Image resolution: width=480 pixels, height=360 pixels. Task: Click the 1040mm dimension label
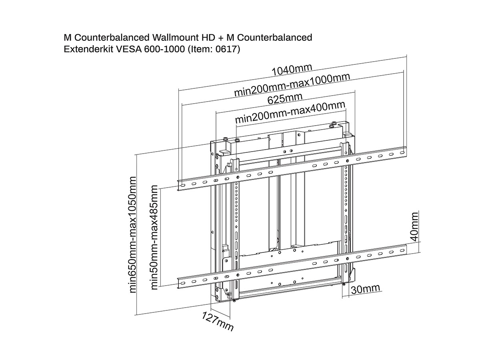point(292,70)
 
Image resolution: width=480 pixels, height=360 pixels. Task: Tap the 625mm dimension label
point(285,98)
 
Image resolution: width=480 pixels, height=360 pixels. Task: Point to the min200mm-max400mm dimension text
point(290,113)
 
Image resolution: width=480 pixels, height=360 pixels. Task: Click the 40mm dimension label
point(414,226)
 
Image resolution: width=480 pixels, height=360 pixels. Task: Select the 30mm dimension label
point(365,289)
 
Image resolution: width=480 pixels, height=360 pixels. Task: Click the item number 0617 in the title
point(228,50)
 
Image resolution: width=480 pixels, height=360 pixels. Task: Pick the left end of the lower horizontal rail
point(181,282)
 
